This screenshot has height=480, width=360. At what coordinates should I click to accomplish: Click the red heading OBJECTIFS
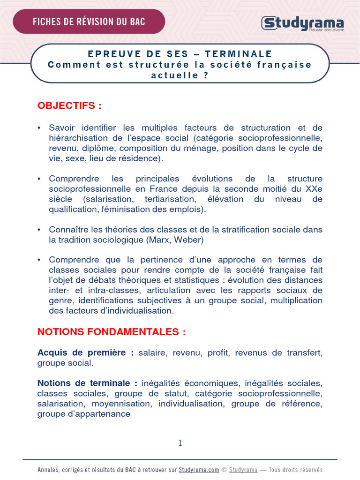point(69,105)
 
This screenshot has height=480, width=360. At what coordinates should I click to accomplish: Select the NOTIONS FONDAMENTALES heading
point(112,332)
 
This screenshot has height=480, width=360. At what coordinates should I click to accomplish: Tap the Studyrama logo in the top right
point(302,23)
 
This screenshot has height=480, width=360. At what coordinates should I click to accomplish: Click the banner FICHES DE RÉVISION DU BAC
point(89,21)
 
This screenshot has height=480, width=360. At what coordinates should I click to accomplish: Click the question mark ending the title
point(205,75)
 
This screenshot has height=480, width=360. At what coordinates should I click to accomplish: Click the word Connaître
point(69,230)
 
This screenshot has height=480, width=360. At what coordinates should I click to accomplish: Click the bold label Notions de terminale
point(87,383)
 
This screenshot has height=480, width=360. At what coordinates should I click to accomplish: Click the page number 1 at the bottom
point(180,443)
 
